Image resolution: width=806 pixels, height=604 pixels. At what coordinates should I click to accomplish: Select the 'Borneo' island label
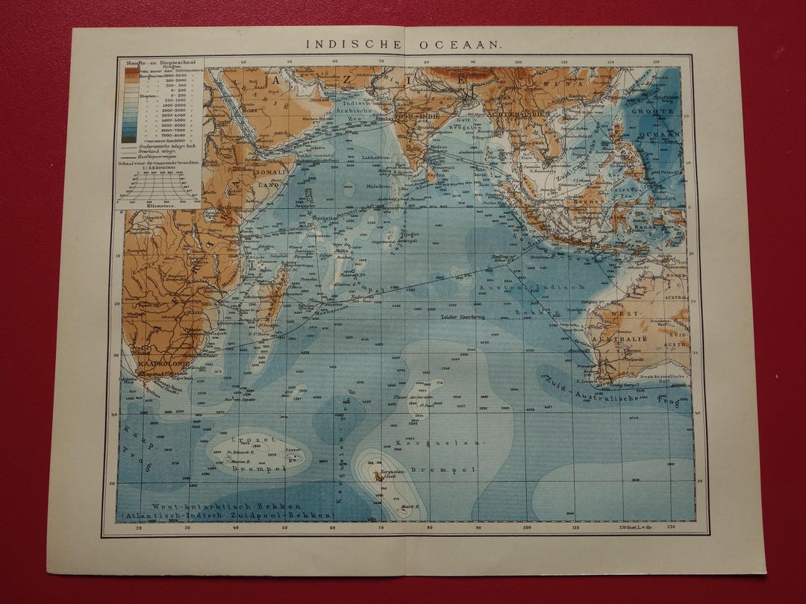tap(579, 201)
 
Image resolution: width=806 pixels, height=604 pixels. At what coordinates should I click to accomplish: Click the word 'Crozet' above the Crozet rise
tap(244, 440)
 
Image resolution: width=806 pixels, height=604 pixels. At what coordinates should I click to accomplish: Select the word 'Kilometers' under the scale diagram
tap(142, 201)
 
